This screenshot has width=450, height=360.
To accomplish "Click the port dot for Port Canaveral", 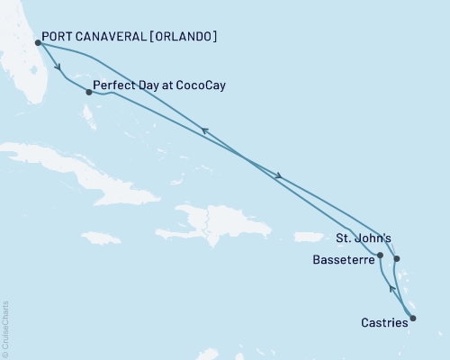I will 38,42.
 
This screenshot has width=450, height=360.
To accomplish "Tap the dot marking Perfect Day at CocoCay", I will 88,92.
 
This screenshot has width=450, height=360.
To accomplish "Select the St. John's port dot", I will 397,259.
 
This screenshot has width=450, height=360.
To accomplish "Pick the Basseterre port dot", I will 380,256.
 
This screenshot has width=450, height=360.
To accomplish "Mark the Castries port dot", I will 413,317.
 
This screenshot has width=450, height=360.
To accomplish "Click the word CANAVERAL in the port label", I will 113,38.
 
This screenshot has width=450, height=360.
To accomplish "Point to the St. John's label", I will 363,239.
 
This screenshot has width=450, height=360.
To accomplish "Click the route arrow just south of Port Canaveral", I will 58,67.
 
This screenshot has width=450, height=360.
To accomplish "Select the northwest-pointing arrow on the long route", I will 205,132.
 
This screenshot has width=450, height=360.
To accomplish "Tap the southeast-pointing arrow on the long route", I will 280,175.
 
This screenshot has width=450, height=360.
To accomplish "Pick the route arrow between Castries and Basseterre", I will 391,288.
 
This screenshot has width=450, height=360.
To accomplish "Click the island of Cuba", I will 72,166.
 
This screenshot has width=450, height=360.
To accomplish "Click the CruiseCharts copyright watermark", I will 6,328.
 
